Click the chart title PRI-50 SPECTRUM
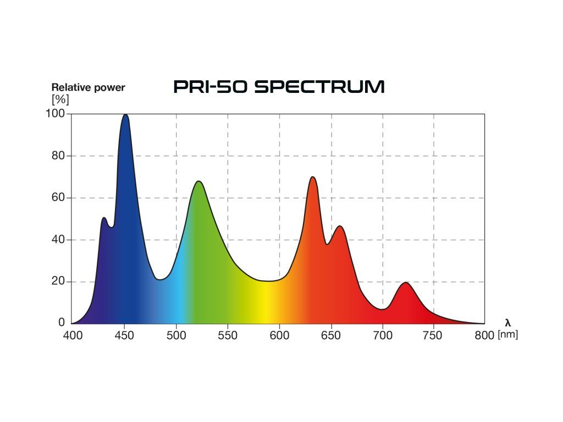pyautogui.click(x=279, y=87)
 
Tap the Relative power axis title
pyautogui.click(x=88, y=87)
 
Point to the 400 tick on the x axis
pyautogui.click(x=73, y=335)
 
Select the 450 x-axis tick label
pyautogui.click(x=124, y=335)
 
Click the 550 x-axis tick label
pyautogui.click(x=228, y=335)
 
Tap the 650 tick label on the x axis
pyautogui.click(x=331, y=335)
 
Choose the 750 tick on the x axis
pyautogui.click(x=434, y=335)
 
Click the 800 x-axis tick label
pyautogui.click(x=484, y=335)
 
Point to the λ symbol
pyautogui.click(x=507, y=323)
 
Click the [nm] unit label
pyautogui.click(x=507, y=335)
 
